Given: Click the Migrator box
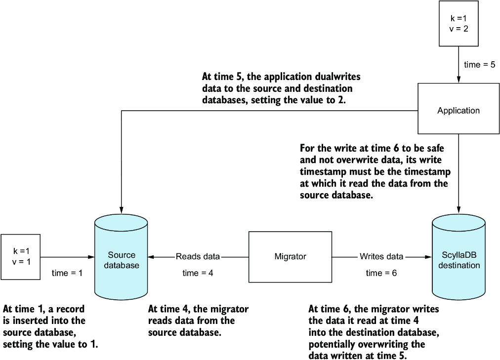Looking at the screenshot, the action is (290, 257).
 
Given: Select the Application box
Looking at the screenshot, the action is (458, 109).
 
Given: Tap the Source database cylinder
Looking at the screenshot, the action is (121, 257).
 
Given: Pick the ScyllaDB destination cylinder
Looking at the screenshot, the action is (459, 257).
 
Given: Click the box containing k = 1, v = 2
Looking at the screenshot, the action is (458, 24).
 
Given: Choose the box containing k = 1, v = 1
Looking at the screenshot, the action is (21, 257).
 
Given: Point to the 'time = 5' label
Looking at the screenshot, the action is (480, 65).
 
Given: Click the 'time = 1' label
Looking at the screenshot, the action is (67, 273).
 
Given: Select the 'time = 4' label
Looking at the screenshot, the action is (198, 273).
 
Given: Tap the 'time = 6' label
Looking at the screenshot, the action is (381, 273).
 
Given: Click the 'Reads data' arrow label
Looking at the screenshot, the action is (198, 256).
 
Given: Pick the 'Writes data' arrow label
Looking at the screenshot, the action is (381, 256).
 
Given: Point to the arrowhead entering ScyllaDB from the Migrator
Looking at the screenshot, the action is (428, 257).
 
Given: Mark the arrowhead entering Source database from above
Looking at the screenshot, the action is (121, 210).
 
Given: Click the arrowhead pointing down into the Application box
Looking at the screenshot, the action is (458, 80).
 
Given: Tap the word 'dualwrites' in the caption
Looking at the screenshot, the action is (337, 77).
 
